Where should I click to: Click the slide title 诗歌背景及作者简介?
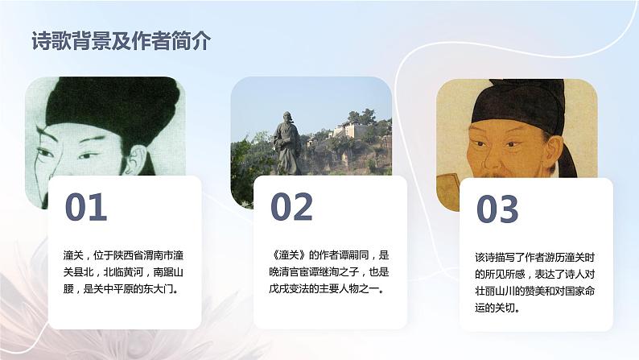(121, 43)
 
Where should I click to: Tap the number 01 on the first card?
(85, 208)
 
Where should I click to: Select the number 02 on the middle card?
(291, 208)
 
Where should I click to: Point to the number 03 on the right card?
(497, 209)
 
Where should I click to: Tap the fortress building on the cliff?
(353, 129)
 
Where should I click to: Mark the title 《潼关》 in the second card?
(288, 253)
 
